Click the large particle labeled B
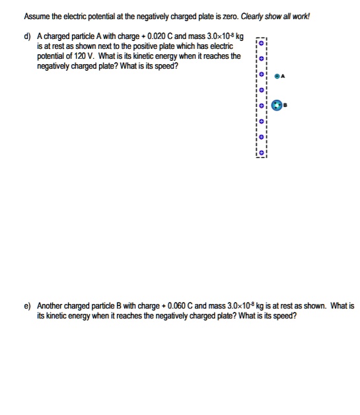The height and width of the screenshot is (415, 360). coord(280,106)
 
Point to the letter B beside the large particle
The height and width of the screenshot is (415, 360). coord(289,106)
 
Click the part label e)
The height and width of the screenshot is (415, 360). coord(28,306)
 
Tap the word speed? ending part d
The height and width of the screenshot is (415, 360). coord(165,67)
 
